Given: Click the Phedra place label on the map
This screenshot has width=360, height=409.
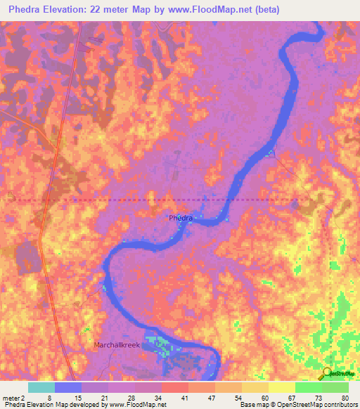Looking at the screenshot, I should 181,218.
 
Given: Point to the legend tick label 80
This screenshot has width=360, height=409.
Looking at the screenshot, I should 344,397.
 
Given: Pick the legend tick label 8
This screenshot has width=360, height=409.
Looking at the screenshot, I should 49,397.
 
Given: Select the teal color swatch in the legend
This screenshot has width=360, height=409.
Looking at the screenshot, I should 41,387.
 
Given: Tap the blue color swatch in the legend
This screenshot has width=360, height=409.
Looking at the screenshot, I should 69,387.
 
